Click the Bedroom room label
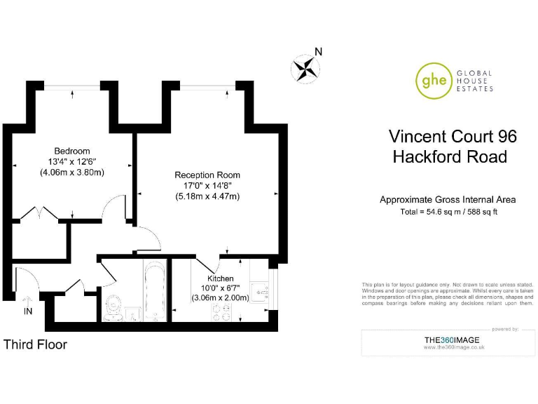tap(72, 151)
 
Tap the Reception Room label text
tap(207, 175)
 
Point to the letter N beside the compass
tap(318, 51)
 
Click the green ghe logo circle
tap(432, 80)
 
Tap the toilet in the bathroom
tap(113, 306)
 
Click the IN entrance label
tap(28, 311)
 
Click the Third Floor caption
tap(36, 344)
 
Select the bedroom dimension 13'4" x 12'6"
tap(72, 161)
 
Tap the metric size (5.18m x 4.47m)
tap(207, 196)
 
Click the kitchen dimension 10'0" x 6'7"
tap(215, 288)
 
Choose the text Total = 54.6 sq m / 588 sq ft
tap(449, 212)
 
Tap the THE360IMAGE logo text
tap(452, 340)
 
